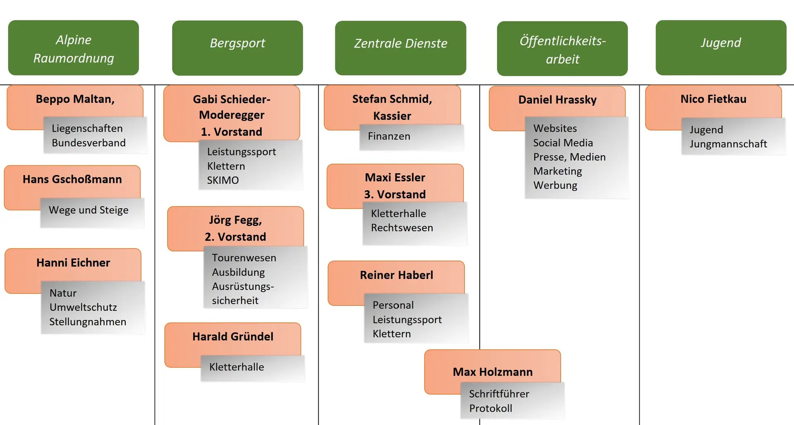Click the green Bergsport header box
237,48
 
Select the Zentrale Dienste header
400,48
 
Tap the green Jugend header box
721,47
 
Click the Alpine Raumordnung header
73,48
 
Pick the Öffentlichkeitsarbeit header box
562,48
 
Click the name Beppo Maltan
75,99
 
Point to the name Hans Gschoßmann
72,179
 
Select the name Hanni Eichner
73,263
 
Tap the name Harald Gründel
233,337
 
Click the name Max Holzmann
493,372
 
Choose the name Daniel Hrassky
557,100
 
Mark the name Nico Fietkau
713,99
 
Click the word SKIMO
223,180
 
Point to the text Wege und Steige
88,210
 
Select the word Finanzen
389,137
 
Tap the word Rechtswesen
402,228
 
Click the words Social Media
563,143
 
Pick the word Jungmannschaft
728,144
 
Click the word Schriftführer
499,394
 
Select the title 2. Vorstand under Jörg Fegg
235,237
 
